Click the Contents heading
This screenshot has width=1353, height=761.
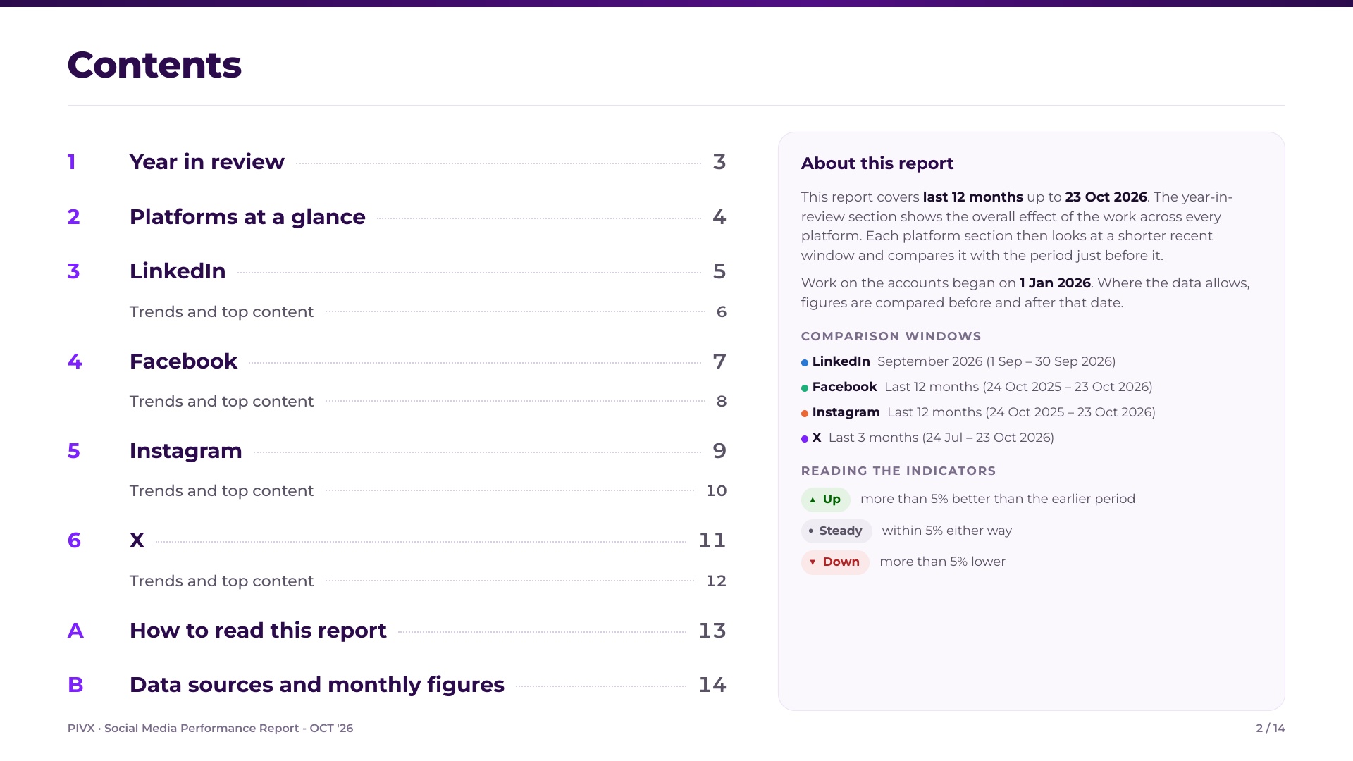pos(154,65)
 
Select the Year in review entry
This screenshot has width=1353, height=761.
pos(207,162)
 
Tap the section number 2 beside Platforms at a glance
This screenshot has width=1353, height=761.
pos(73,217)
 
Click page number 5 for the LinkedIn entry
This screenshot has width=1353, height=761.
pos(719,271)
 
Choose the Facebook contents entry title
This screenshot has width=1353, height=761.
pos(183,361)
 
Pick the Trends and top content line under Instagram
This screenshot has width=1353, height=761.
pos(221,491)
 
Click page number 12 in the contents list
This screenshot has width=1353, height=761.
pos(716,581)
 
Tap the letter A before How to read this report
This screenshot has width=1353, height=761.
pos(75,631)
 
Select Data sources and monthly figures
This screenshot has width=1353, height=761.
pos(317,685)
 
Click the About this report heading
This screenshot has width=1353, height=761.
pos(877,163)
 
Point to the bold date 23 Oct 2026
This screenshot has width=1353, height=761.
pos(1106,197)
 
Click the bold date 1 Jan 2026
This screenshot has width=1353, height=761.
pos(1055,283)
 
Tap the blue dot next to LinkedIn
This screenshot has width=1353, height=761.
pos(805,363)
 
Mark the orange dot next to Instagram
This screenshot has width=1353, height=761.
pos(805,414)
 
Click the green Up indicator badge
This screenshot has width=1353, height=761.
pos(826,500)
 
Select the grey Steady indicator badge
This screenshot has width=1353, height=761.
pos(836,531)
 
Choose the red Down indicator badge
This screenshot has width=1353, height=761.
pos(835,562)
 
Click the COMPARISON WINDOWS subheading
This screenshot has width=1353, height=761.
pos(891,337)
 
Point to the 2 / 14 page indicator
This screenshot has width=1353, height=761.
pos(1271,729)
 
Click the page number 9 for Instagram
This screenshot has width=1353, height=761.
pos(719,451)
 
